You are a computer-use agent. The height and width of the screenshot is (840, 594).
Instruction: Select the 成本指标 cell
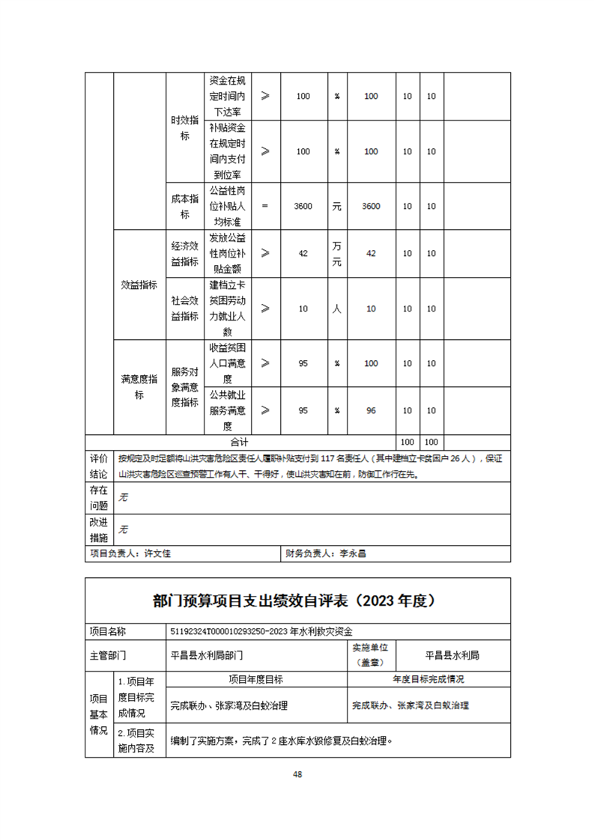185,206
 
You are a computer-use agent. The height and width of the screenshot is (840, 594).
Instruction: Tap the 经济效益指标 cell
185,254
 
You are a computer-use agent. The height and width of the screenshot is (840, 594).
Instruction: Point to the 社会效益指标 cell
185,308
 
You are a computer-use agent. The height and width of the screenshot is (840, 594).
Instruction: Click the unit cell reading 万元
337,254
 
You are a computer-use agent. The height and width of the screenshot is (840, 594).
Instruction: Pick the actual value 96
371,410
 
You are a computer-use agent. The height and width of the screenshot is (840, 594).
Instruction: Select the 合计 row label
240,442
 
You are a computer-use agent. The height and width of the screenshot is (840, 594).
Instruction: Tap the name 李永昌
352,555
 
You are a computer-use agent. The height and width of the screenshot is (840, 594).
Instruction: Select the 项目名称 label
108,631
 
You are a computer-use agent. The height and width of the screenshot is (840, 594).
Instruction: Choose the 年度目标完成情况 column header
428,679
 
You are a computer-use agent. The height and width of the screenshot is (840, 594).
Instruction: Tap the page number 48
297,774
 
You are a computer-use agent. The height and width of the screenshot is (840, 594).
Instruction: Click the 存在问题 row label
99,498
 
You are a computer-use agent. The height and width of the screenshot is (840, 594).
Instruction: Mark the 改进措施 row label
99,530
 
